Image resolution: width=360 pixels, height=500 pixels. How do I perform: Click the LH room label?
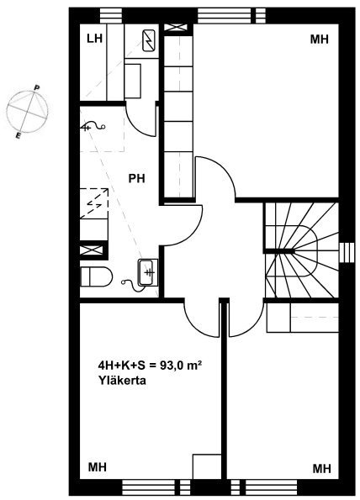(x=94, y=39)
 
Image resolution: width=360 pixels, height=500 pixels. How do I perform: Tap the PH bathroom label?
(x=136, y=178)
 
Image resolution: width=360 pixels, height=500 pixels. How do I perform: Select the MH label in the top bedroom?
(x=319, y=39)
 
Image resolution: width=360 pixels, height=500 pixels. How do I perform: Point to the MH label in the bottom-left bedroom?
(x=97, y=467)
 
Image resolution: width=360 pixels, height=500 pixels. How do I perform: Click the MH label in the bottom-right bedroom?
(x=321, y=469)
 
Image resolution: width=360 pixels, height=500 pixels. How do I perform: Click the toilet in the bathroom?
(x=96, y=276)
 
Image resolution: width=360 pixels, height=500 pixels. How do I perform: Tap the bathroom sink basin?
(x=148, y=272)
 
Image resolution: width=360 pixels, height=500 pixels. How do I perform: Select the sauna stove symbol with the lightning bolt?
(x=148, y=40)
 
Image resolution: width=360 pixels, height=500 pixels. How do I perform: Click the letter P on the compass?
(x=37, y=87)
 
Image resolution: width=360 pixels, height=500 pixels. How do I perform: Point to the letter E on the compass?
(x=19, y=136)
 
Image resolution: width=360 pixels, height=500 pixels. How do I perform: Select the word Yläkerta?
(x=122, y=381)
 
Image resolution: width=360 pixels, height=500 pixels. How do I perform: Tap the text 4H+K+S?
(x=122, y=366)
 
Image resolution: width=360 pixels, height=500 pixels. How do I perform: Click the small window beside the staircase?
(x=347, y=253)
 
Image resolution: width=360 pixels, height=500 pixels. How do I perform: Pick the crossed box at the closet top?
(x=175, y=27)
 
